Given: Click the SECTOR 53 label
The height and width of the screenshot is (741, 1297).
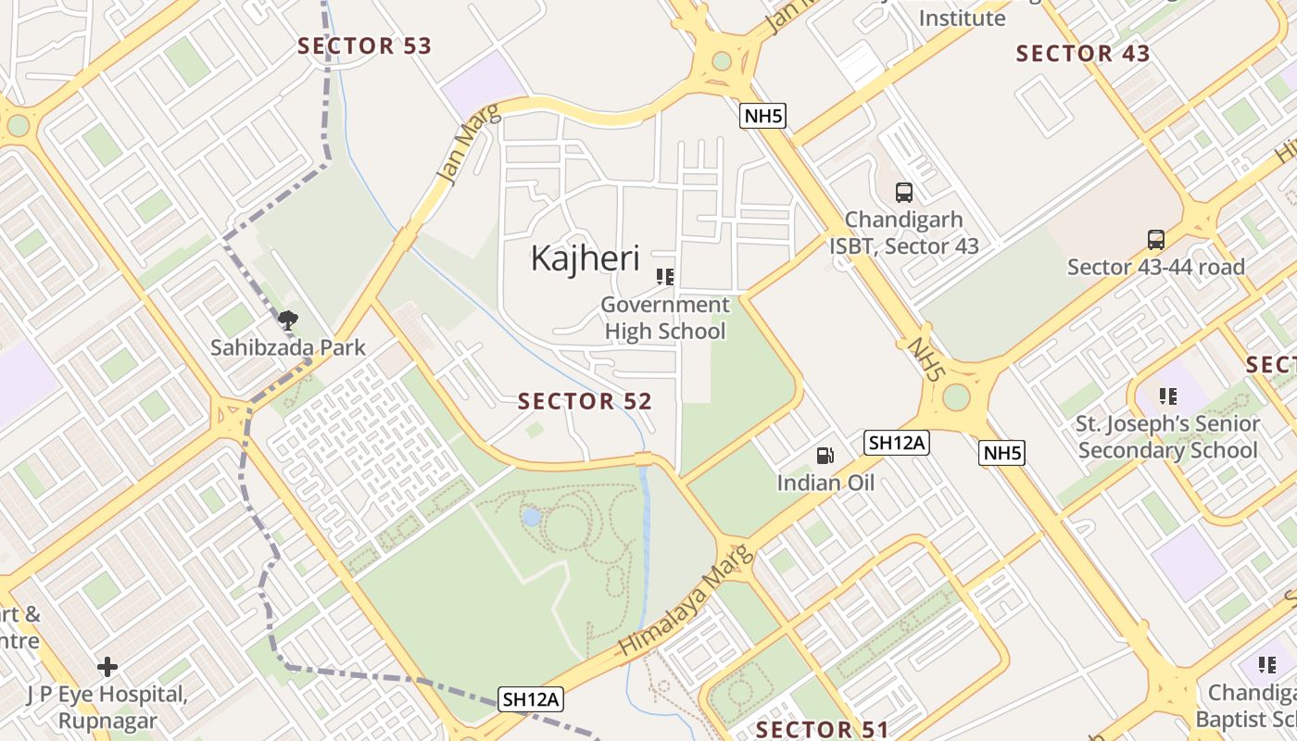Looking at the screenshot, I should click(x=364, y=46).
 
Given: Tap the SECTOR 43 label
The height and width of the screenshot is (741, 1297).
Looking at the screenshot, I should click(x=1083, y=54).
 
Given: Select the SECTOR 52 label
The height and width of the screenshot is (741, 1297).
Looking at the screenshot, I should click(x=585, y=401).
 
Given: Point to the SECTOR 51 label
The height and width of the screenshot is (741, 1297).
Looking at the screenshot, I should click(x=822, y=729).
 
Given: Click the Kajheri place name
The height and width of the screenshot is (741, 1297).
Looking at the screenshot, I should click(x=586, y=258).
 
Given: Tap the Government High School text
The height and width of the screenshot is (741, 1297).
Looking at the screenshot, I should click(x=664, y=318).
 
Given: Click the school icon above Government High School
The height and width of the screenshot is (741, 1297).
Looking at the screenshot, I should click(x=664, y=276).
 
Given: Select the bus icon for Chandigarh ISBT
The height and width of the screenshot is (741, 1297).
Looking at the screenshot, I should click(x=904, y=193).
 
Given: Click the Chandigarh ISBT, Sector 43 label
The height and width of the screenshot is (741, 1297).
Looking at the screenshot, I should click(x=903, y=233).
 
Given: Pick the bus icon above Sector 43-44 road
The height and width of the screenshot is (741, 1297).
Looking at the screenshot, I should click(x=1156, y=240).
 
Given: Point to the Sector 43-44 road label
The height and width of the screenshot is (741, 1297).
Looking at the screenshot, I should click(x=1155, y=268).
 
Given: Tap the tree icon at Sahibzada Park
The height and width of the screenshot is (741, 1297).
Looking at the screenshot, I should click(x=288, y=320).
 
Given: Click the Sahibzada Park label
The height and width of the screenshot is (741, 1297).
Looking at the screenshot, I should click(x=288, y=348).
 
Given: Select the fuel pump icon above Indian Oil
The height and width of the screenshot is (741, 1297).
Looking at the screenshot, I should click(x=825, y=455).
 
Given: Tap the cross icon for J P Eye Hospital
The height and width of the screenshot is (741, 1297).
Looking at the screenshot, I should click(x=107, y=667).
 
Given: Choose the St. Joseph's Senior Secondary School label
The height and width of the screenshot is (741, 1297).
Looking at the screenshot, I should click(x=1168, y=437).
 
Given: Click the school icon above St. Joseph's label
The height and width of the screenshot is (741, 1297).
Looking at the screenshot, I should click(x=1168, y=396).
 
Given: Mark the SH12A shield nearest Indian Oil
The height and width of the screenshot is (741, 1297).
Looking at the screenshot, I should click(x=896, y=443).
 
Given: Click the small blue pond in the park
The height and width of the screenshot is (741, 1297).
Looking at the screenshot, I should click(x=531, y=517).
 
